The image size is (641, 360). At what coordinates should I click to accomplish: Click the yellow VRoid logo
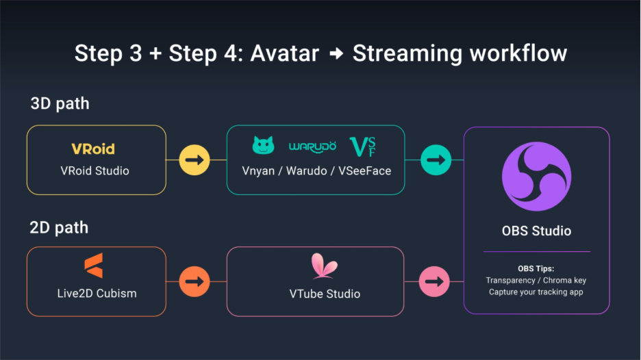pos(93,149)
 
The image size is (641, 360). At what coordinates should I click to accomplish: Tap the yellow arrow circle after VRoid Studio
pos(194,160)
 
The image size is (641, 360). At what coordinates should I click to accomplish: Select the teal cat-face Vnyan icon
pos(263,145)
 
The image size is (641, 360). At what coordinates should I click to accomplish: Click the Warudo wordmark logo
pos(312,146)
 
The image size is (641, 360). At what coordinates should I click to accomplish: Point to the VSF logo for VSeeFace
pos(363,146)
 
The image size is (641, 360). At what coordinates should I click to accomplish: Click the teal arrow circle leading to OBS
pos(435,160)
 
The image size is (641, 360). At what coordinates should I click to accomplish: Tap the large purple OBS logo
pos(536,176)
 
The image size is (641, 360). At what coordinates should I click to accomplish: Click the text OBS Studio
pos(536,231)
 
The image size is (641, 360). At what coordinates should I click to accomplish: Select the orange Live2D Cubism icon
pos(93,266)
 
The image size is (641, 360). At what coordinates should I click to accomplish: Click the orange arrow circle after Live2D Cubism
pos(194,281)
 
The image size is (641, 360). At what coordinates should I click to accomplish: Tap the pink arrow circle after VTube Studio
pos(435,281)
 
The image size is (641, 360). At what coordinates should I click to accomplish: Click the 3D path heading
pos(60,104)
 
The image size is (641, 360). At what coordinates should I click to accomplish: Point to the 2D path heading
pos(60,227)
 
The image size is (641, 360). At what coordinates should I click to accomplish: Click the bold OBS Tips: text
pos(536,268)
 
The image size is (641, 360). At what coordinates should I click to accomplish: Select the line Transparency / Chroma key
pos(536,280)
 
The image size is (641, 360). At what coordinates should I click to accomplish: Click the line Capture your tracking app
pos(536,292)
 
